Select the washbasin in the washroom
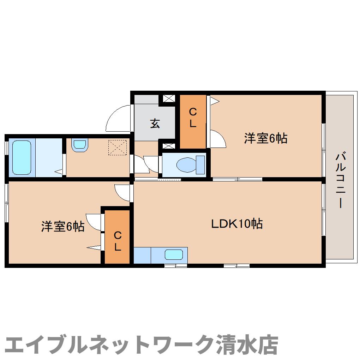[x=79, y=145]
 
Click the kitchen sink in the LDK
[x=174, y=254]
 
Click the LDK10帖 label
[x=237, y=223]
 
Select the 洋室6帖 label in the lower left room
[x=62, y=227]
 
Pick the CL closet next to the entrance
[x=193, y=118]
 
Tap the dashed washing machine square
[x=117, y=148]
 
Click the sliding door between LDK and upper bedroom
[x=237, y=179]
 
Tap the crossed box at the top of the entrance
[x=168, y=99]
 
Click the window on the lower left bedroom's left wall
[x=7, y=202]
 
